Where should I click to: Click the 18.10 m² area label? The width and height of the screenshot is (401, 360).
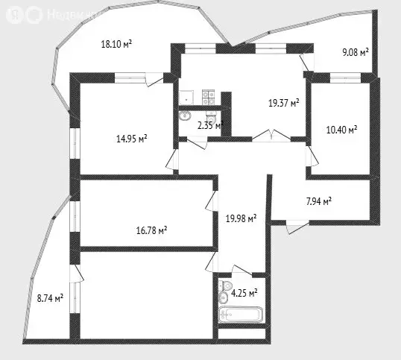coord(116,44)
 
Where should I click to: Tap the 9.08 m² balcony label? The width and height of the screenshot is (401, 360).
coord(356,52)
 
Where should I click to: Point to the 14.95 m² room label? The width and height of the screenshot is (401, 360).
coord(131,137)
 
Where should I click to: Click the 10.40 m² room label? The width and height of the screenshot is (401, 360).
coord(342,130)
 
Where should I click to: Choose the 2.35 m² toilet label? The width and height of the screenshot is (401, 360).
coord(209,126)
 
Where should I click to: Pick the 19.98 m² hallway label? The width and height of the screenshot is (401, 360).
coord(241,218)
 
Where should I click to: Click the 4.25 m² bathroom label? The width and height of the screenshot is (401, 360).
coord(244,293)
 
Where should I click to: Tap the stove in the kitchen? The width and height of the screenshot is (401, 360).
coord(207,95)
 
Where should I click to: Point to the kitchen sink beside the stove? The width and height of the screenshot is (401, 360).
coord(186,95)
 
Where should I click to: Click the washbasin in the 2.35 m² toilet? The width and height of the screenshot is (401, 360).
coord(185,116)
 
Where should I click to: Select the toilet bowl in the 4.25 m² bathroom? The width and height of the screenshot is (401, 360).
coord(223,297)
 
